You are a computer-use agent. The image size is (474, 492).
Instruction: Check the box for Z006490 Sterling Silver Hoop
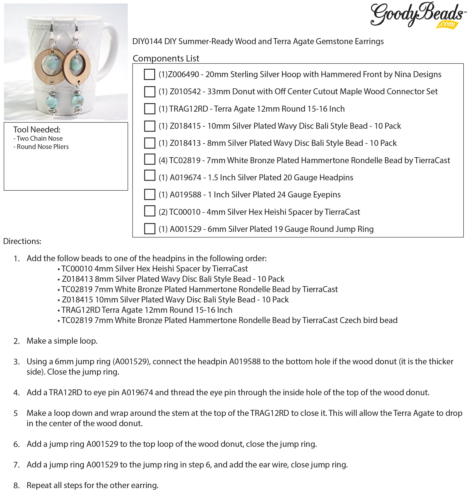coord(149,74)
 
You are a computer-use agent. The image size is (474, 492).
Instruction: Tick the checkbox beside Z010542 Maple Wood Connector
coord(149,92)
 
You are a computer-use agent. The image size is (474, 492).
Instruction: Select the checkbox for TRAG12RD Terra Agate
coord(149,109)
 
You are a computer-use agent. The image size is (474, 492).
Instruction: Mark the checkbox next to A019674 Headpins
coord(149,176)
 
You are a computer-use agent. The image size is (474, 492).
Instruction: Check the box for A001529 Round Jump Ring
coord(149,229)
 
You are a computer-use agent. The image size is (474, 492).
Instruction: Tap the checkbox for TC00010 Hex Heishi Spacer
coord(149,211)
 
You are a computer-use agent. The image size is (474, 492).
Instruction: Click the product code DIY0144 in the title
coord(147,41)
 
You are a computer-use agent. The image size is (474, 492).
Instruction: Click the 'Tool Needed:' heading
coord(37,130)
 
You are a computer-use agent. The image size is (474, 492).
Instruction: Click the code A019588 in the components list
coord(185,195)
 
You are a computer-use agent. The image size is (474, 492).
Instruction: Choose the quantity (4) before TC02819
coord(163,160)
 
